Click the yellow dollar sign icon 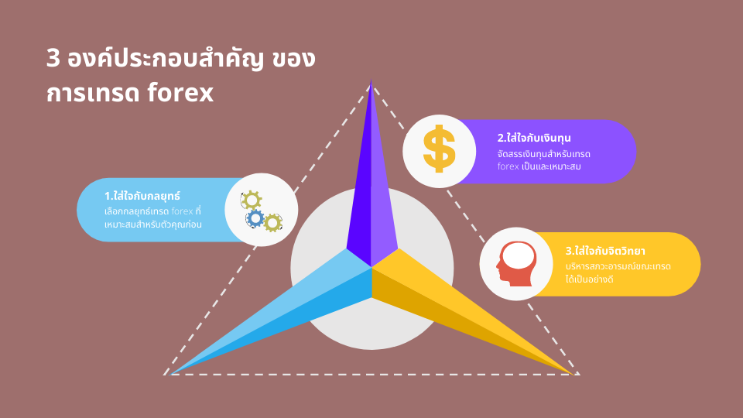pyautogui.click(x=440, y=149)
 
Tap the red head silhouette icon pyautogui.click(x=517, y=263)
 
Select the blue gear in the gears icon pyautogui.click(x=255, y=218)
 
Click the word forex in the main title pyautogui.click(x=180, y=92)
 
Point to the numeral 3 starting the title pyautogui.click(x=53, y=59)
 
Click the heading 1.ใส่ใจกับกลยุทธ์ pyautogui.click(x=142, y=195)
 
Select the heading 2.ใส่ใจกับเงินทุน pyautogui.click(x=534, y=138)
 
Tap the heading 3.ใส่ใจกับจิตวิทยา pyautogui.click(x=605, y=251)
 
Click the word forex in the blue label pyautogui.click(x=182, y=211)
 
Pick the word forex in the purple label pyautogui.click(x=508, y=166)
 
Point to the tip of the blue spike pyautogui.click(x=169, y=375)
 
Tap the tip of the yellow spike pyautogui.click(x=574, y=375)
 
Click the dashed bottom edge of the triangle pyautogui.click(x=371, y=375)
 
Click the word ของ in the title pyautogui.click(x=294, y=59)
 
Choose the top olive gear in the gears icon pyautogui.click(x=252, y=200)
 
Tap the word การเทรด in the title pyautogui.click(x=94, y=93)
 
